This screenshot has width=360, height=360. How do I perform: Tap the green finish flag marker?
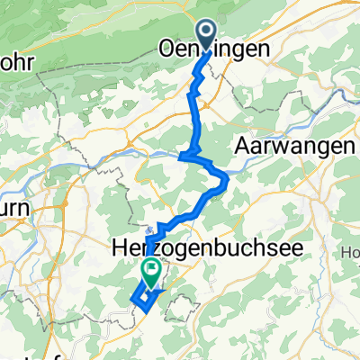point(150,269)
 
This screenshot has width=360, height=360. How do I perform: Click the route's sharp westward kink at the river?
point(182,157)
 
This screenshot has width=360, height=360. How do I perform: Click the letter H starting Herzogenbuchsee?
point(121,245)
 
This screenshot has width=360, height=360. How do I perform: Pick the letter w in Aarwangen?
point(272,145)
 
